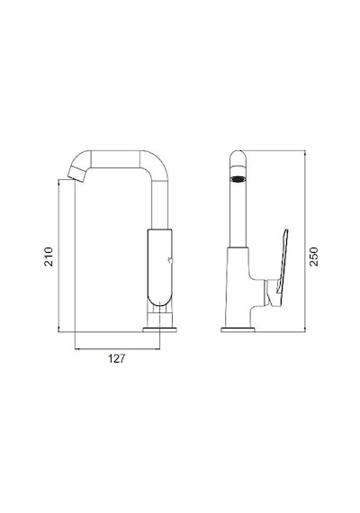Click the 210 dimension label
pyautogui.click(x=49, y=256)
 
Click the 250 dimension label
pyautogui.click(x=313, y=256)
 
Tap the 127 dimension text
pyautogui.click(x=117, y=358)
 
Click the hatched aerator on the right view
pyautogui.click(x=238, y=179)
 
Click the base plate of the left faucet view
pyautogui.click(x=159, y=329)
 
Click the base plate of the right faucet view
pyautogui.click(x=238, y=329)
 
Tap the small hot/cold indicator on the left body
pyautogui.click(x=170, y=261)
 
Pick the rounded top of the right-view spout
pyautogui.click(x=238, y=157)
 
